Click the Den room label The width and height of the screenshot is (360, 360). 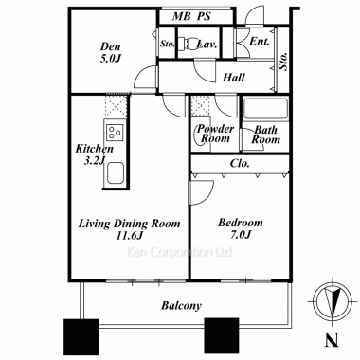click(x=111, y=52)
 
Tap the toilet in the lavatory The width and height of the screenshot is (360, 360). click(x=187, y=44)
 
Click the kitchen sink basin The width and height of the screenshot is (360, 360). click(x=115, y=172)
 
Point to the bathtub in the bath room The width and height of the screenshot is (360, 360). click(x=265, y=109)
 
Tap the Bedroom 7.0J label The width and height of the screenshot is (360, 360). click(x=241, y=228)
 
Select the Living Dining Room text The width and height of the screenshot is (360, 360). click(x=129, y=224)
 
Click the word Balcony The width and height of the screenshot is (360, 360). click(x=181, y=305)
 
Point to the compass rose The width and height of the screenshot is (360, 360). click(x=333, y=299)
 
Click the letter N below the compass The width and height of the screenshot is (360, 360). click(x=333, y=339)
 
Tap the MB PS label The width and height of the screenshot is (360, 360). click(x=191, y=16)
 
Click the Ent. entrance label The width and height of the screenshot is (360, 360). click(x=260, y=42)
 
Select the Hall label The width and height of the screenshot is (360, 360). click(x=234, y=78)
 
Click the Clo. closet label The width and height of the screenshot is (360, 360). click(x=240, y=163)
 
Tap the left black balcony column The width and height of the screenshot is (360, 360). click(x=81, y=333)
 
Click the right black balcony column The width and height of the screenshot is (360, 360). click(x=222, y=333)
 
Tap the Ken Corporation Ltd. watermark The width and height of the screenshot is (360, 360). click(x=180, y=252)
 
